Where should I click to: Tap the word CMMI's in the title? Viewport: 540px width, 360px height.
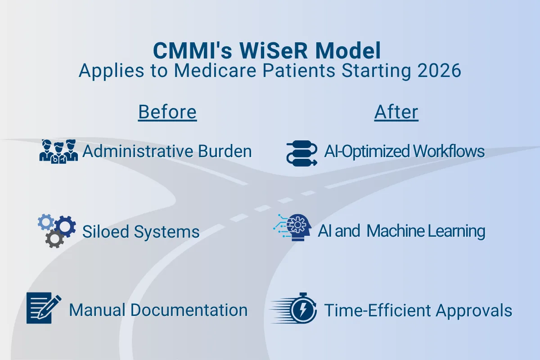(190, 51)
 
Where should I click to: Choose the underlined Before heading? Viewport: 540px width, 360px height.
(167, 112)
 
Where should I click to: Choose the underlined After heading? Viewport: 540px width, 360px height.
(396, 112)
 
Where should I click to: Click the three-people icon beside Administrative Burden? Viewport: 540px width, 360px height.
(58, 151)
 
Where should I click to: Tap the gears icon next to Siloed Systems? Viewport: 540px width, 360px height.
(56, 230)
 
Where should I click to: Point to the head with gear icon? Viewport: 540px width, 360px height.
(296, 228)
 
